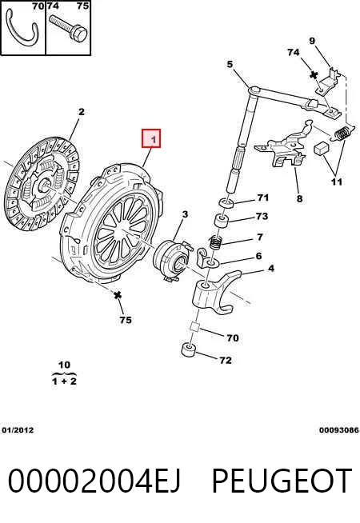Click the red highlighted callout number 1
pyautogui.click(x=151, y=138)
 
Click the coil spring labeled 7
pyautogui.click(x=216, y=242)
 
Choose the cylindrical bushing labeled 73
pyautogui.click(x=222, y=222)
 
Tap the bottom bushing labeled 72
pyautogui.click(x=189, y=350)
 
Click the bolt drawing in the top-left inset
pyautogui.click(x=68, y=27)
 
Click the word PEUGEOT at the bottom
pyautogui.click(x=282, y=481)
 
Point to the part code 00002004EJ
pyautogui.click(x=94, y=481)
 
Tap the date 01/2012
pyautogui.click(x=18, y=430)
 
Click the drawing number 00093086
pyautogui.click(x=338, y=430)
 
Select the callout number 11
pyautogui.click(x=336, y=182)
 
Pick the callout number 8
pyautogui.click(x=300, y=198)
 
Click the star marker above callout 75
pyautogui.click(x=117, y=295)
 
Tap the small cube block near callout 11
pyautogui.click(x=322, y=148)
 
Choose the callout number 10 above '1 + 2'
pyautogui.click(x=64, y=365)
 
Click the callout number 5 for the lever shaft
pyautogui.click(x=230, y=64)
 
